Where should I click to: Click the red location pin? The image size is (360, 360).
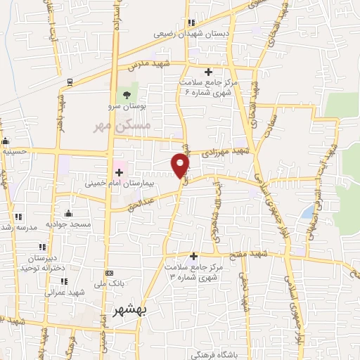pos(181,166)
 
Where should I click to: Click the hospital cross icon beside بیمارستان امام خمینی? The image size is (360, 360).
pos(119,172)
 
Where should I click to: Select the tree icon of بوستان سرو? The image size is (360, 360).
pos(127,95)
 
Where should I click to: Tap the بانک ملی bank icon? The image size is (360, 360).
pos(109,273)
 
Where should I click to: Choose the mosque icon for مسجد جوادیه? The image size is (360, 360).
pos(68,213)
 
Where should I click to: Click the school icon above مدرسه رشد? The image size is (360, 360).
pos(18,217)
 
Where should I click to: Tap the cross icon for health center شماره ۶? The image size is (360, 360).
pos(208,72)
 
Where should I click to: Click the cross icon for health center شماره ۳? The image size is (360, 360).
pos(193,257)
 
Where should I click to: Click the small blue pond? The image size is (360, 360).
pos(307,211)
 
